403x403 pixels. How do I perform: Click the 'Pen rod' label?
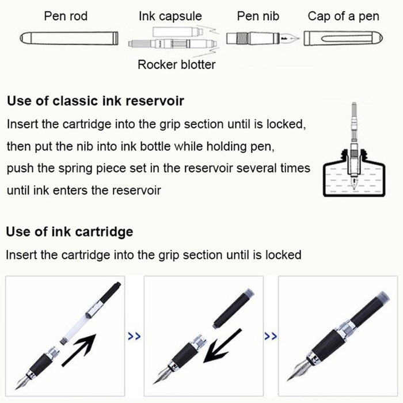(x=66, y=16)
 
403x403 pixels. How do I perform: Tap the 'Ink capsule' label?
(x=170, y=17)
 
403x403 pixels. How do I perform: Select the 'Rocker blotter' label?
(x=177, y=64)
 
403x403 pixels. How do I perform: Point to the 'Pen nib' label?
(x=258, y=16)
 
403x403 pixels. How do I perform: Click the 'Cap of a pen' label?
(x=343, y=17)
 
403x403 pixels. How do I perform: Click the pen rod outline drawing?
(x=69, y=39)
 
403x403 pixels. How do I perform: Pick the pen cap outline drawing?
(x=343, y=39)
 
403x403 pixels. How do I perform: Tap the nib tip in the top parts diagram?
(x=299, y=39)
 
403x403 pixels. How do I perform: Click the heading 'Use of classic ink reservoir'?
(x=96, y=101)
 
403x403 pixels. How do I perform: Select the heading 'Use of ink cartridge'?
(x=70, y=231)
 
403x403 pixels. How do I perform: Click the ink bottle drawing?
(x=354, y=173)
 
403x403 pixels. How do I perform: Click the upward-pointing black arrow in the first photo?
(x=79, y=350)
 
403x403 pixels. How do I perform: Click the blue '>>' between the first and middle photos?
(x=134, y=336)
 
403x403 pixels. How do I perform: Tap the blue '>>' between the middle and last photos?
(x=271, y=336)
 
